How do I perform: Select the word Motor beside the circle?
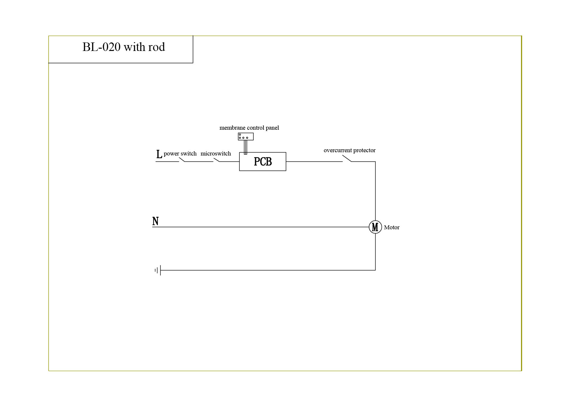coord(392,227)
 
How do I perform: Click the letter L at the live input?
coord(159,154)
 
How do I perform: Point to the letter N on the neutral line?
coord(156,221)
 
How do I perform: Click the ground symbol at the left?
coord(158,270)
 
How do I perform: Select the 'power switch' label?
coord(180,154)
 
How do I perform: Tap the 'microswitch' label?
coord(216,154)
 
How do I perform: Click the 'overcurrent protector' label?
coord(350,150)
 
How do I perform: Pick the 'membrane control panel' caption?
coord(249,128)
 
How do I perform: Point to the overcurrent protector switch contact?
coord(347,158)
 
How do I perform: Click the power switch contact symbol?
coord(182,160)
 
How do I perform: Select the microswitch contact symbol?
coord(216,160)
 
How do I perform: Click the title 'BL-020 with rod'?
coord(124,47)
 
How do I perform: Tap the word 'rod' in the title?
coord(157,47)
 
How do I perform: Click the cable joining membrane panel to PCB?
coord(246,147)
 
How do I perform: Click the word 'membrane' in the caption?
coord(233,128)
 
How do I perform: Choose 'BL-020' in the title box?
coord(101,47)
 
